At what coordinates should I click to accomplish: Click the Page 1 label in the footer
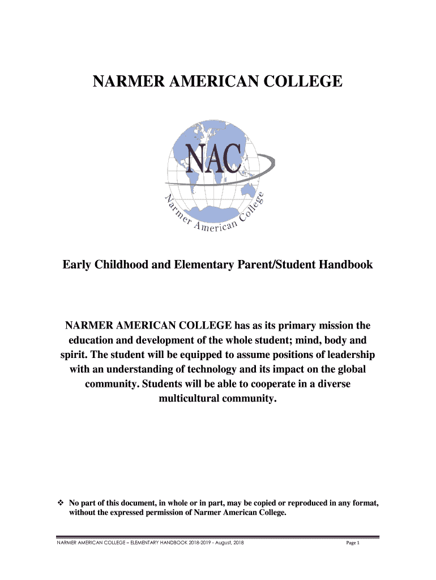tap(353, 543)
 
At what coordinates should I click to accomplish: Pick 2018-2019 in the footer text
tap(201, 543)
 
